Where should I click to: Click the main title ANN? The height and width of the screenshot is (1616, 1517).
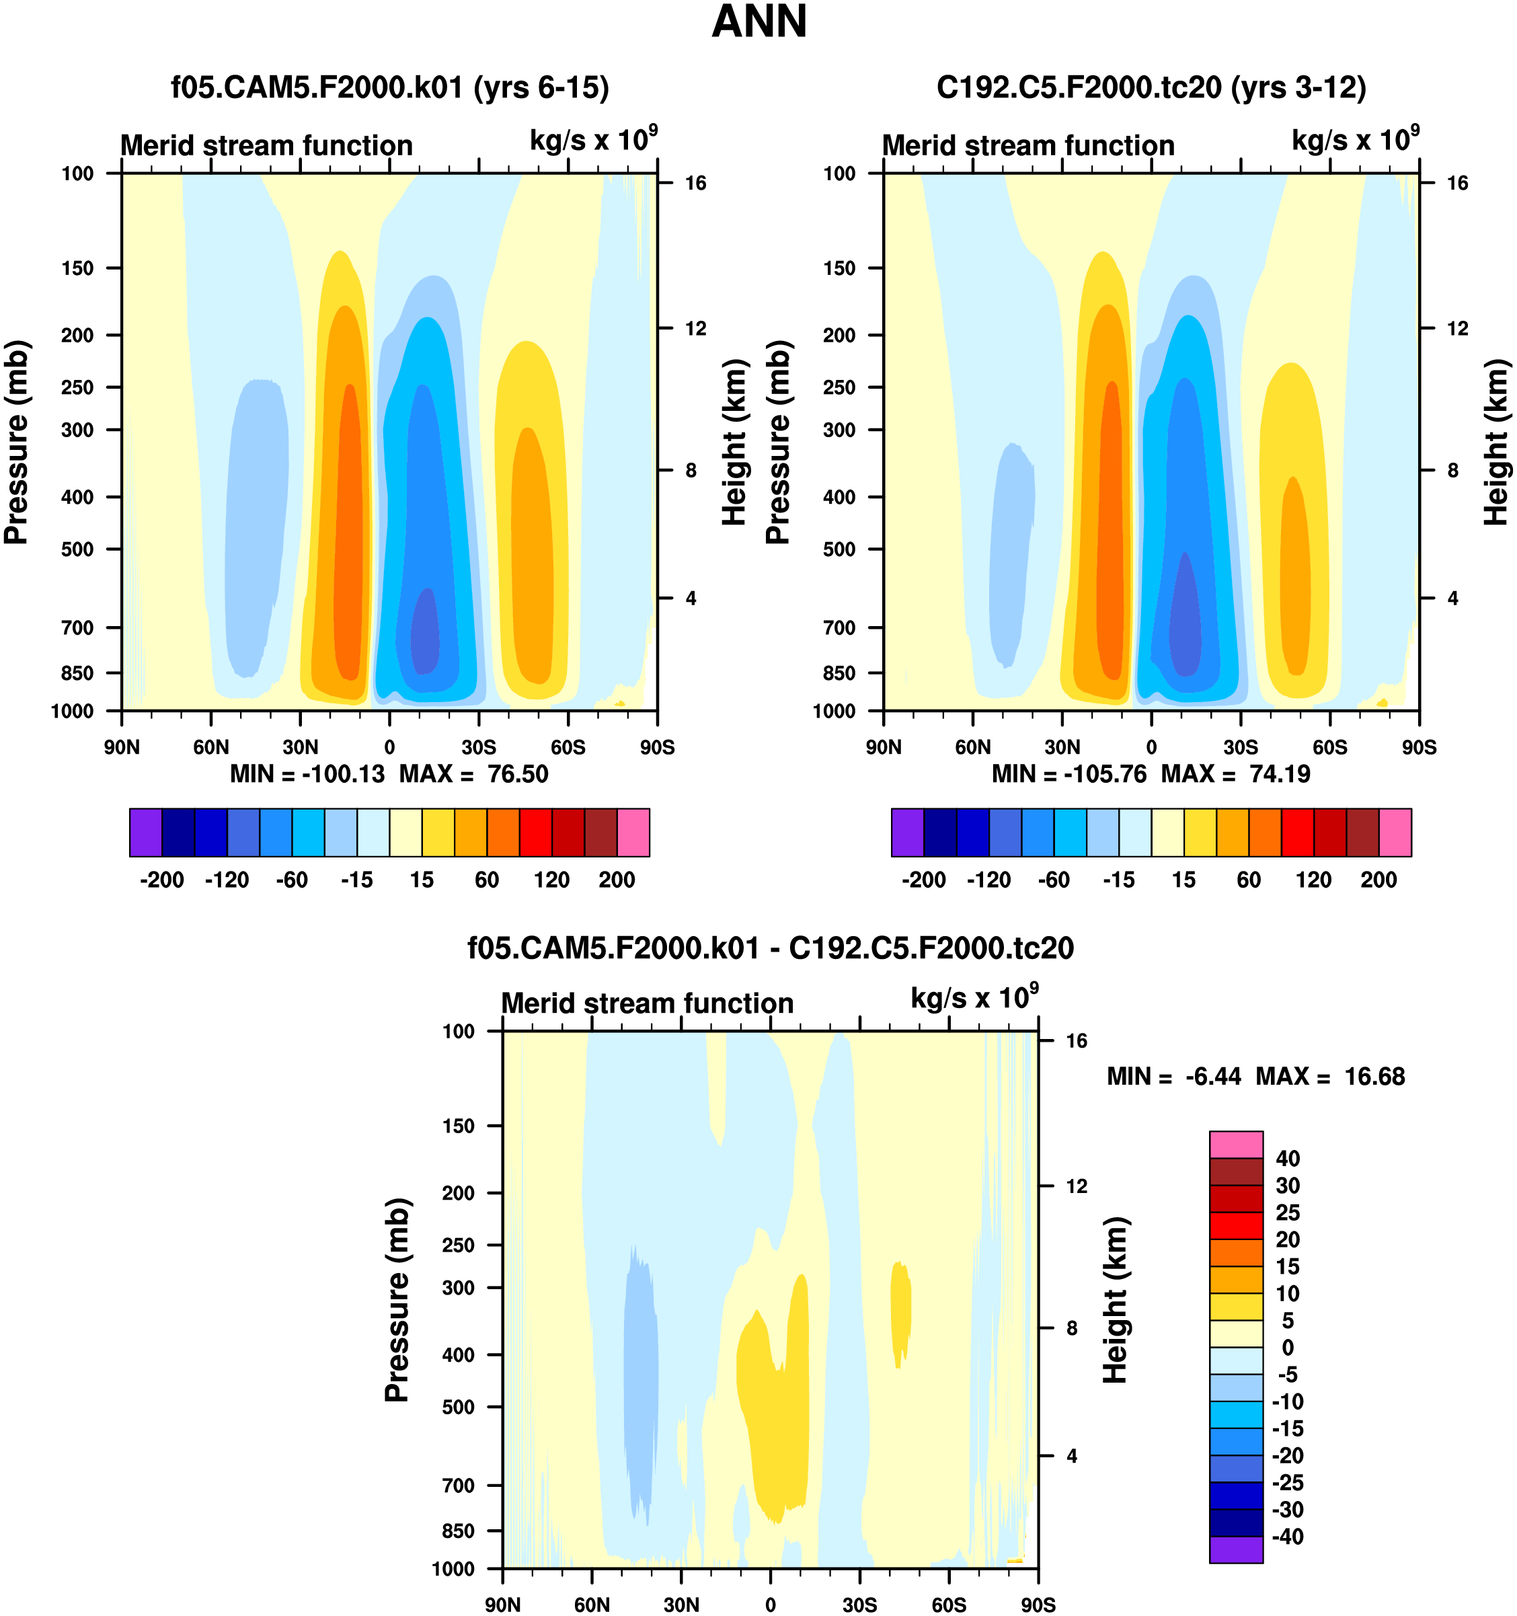point(758,23)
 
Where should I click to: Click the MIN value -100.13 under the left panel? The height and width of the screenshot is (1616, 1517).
point(343,774)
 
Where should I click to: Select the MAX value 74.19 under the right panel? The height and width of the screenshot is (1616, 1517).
point(1280,774)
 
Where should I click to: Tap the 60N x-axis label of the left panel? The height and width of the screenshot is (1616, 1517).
point(210,747)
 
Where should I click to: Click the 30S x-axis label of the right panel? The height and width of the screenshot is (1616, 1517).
point(1241,747)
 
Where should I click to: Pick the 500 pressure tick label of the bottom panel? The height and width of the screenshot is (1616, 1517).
point(458,1407)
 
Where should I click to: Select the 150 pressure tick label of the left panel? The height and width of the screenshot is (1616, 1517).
point(77,268)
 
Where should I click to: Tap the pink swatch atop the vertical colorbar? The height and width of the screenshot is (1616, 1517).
point(1236,1144)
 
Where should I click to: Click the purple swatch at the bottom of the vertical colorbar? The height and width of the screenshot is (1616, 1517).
point(1236,1549)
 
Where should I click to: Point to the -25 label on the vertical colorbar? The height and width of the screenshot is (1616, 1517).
point(1288,1483)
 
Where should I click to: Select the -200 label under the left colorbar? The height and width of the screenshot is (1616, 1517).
point(162,880)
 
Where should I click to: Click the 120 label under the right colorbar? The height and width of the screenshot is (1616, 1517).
point(1314,880)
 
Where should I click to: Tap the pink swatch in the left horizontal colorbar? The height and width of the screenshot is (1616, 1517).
point(633,833)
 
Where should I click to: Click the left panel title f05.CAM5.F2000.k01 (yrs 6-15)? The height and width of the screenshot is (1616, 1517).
point(389,87)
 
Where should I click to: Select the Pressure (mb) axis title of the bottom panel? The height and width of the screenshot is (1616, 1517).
point(397,1300)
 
